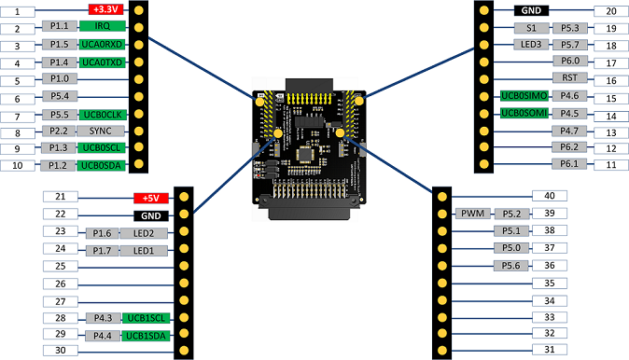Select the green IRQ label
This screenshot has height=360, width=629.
102,28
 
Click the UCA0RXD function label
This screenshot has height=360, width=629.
102,45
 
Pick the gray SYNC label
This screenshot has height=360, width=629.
102,132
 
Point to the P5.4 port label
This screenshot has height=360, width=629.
59,97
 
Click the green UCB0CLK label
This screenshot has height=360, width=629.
102,115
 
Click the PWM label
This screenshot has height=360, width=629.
470,214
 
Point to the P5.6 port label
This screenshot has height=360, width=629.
510,266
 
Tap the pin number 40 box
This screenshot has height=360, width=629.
550,196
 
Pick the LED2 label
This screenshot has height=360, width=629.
143,232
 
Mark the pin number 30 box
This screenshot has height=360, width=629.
60,351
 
